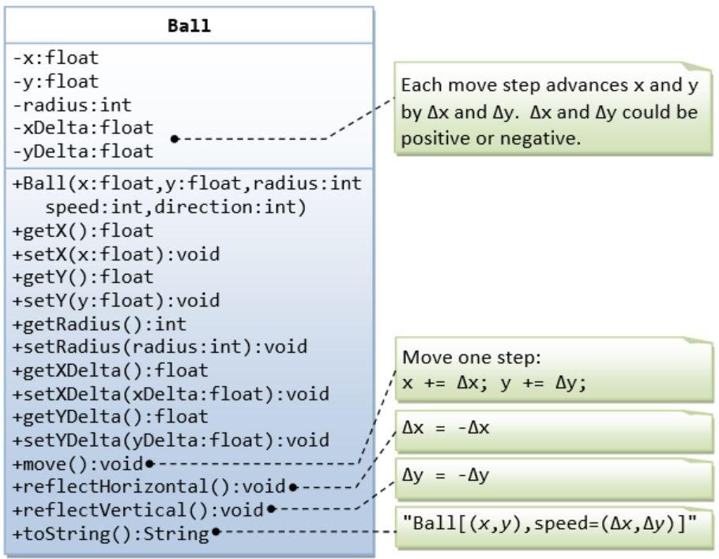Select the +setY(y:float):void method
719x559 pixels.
pyautogui.click(x=116, y=301)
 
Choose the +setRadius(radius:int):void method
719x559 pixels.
pyautogui.click(x=160, y=347)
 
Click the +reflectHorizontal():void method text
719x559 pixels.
pyautogui.click(x=149, y=486)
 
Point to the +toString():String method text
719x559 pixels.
pyautogui.click(x=110, y=533)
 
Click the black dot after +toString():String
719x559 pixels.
pyautogui.click(x=216, y=533)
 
